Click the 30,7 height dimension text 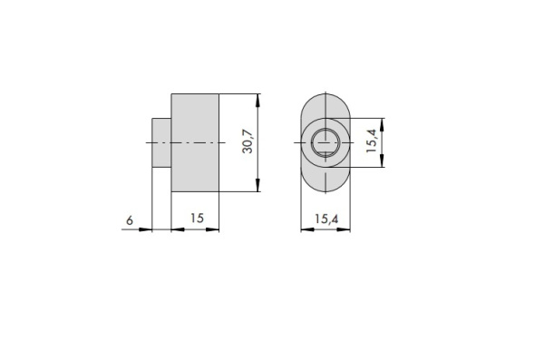pos(248,141)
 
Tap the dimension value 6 pos(130,220)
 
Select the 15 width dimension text pos(197,219)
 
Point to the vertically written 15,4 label pos(372,141)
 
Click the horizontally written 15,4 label pos(326,219)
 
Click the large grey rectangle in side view pos(195,142)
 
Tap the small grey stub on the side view pos(161,142)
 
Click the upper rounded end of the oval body pos(325,94)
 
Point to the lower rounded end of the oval pos(325,191)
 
